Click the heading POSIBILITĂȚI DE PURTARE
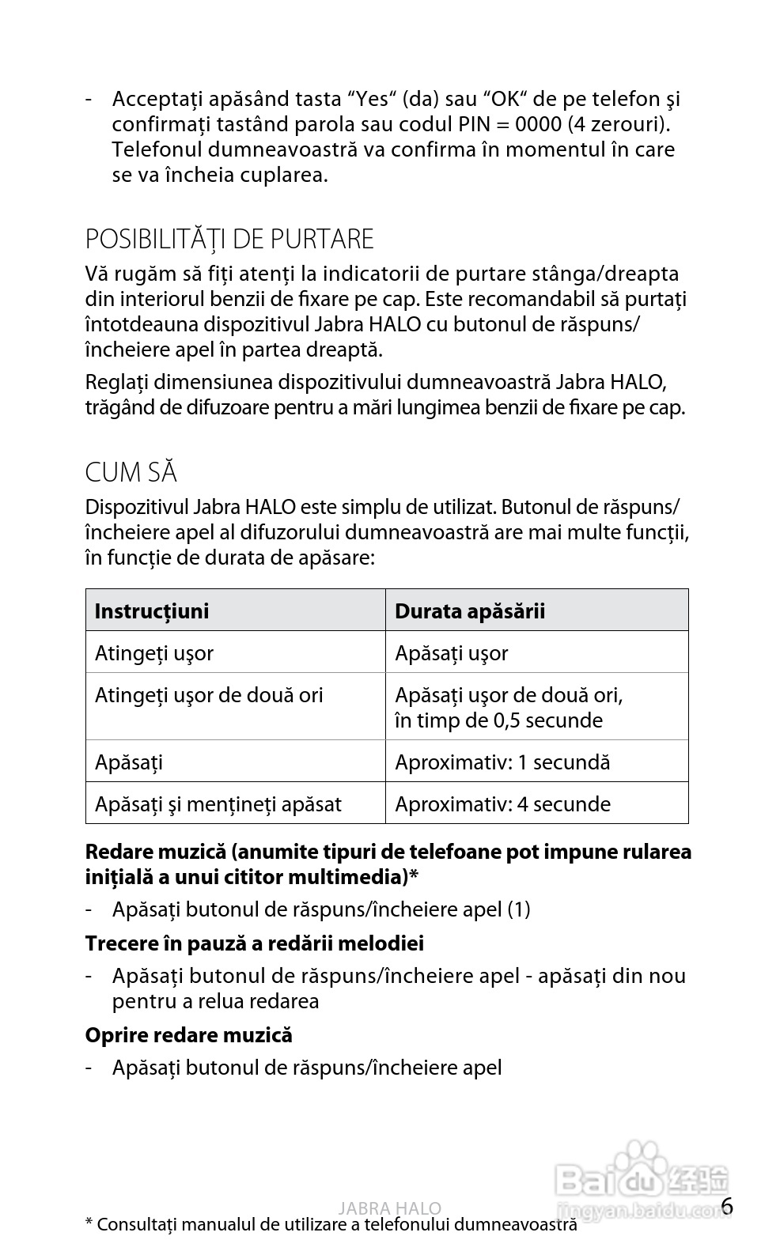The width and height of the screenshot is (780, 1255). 229,239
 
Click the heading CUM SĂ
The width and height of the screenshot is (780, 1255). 131,472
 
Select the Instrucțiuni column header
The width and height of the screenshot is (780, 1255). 152,610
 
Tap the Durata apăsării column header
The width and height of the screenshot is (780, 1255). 470,610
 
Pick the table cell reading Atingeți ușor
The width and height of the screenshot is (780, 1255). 154,653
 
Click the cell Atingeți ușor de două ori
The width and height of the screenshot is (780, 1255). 209,695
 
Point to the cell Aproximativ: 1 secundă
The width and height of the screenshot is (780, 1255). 502,762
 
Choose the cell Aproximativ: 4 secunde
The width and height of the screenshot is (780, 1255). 502,804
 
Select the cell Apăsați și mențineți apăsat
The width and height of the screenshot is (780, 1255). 218,804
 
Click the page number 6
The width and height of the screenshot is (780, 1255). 727,1206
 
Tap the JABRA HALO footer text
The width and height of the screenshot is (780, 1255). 389,1208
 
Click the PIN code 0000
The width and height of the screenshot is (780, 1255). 538,124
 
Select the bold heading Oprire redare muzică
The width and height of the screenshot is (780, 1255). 188,1034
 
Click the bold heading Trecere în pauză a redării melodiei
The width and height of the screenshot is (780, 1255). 254,943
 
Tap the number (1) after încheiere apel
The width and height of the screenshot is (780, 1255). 518,909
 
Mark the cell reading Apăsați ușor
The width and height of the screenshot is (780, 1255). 452,653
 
